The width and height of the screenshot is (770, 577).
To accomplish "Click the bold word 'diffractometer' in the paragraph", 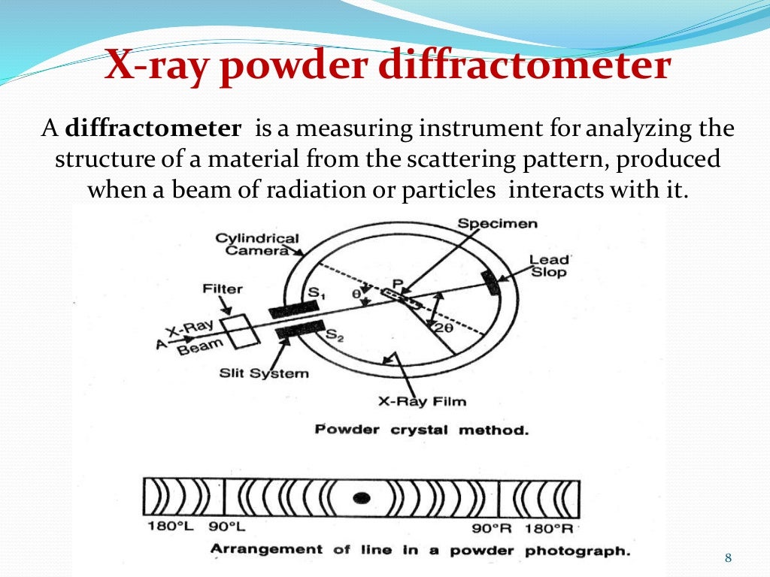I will coord(153,129).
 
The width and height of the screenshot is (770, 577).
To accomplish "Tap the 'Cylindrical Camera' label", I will coord(256,244).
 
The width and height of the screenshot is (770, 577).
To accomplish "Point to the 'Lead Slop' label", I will coord(548,266).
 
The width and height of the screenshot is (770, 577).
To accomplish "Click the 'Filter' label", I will coord(223,288).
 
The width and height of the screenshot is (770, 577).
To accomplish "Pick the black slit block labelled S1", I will coord(290,310).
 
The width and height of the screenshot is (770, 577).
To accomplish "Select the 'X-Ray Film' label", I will coord(422,401).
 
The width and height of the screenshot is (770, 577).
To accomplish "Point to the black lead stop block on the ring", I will coord(490,282).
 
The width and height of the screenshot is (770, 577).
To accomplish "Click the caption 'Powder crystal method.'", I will coord(421,430).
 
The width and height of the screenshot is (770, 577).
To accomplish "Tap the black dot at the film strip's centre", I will coord(363,497).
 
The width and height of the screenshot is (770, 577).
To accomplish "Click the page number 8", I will coord(727,557).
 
